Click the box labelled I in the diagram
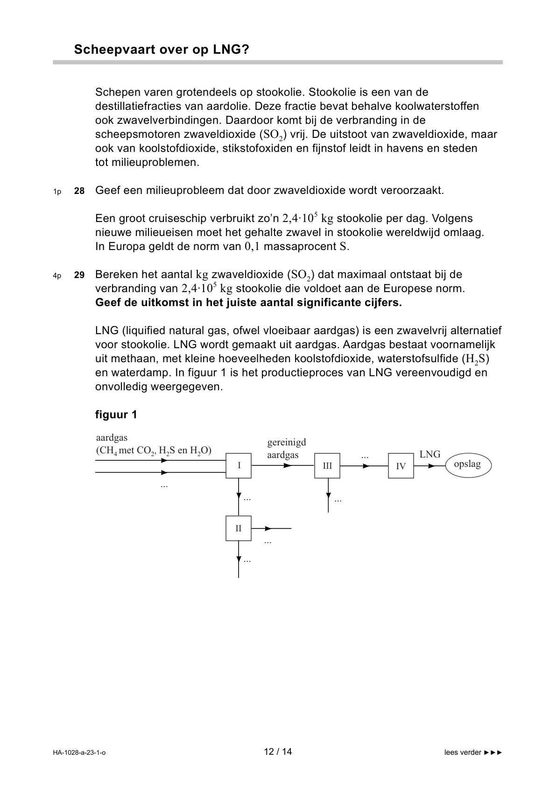[x=239, y=465]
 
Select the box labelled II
[x=239, y=529]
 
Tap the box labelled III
[x=327, y=465]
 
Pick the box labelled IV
[x=401, y=465]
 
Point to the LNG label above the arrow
[x=429, y=454]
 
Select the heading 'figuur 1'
[x=116, y=415]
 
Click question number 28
[x=79, y=191]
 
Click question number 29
[x=79, y=275]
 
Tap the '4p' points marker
[x=57, y=276]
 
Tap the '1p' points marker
[x=57, y=192]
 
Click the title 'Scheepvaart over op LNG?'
[x=162, y=50]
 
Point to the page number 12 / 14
[x=278, y=752]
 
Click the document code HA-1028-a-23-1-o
[x=79, y=752]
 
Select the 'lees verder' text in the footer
[x=463, y=752]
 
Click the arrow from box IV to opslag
[x=430, y=465]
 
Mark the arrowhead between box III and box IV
[x=366, y=465]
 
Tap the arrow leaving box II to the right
[x=271, y=529]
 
